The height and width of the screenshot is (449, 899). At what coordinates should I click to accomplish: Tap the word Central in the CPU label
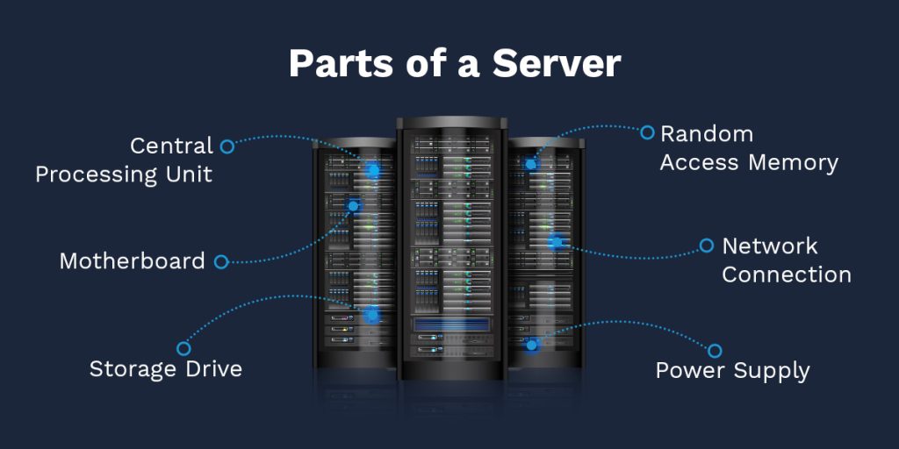171,146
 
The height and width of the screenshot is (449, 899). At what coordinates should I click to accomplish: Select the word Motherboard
132,261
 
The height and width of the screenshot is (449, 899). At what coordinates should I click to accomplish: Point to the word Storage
132,369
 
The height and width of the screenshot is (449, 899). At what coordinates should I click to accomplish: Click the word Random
707,134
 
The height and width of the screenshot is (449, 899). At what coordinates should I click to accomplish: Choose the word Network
770,246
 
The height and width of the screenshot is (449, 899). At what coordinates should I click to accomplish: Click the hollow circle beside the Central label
227,146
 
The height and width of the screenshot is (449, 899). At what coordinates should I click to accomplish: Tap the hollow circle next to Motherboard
221,261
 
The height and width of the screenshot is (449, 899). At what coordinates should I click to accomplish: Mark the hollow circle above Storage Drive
183,348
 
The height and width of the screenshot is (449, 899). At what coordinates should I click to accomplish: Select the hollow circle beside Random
647,132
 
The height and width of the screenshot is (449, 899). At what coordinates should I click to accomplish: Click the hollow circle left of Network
707,246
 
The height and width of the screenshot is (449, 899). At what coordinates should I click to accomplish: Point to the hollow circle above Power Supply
715,351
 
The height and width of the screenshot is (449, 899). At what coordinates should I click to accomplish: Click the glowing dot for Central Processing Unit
373,170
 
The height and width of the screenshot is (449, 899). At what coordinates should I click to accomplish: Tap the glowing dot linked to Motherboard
354,207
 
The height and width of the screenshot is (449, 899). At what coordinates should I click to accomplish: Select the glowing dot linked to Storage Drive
370,314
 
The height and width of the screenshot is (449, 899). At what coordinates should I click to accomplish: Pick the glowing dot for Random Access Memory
530,164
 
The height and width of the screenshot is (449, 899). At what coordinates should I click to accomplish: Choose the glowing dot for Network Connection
555,240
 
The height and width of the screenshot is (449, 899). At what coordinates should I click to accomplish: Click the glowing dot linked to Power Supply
532,345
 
